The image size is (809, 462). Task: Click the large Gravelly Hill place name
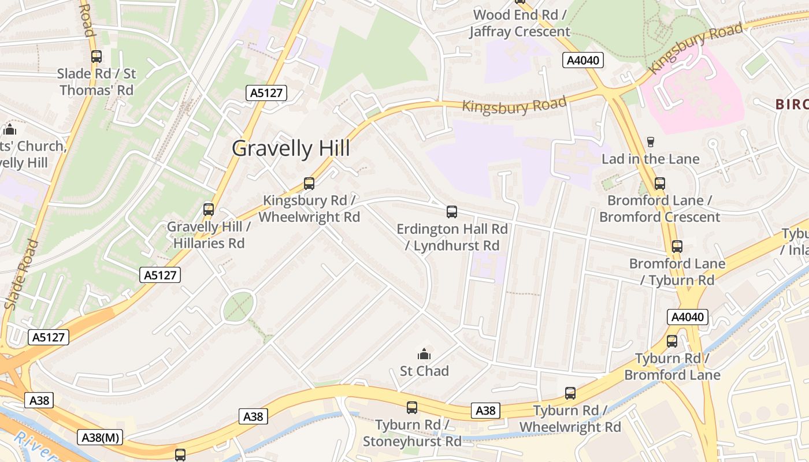tap(291, 148)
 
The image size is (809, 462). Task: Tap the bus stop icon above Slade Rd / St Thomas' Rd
tap(97, 57)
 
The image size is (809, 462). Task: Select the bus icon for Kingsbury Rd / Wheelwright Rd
tap(309, 184)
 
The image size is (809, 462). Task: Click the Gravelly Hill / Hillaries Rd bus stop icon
tap(209, 210)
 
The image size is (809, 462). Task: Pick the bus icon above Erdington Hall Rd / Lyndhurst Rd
tap(452, 212)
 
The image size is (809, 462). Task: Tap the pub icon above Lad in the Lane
tap(650, 142)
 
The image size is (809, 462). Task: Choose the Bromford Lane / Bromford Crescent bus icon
tap(660, 184)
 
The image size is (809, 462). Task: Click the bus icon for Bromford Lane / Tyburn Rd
tap(677, 247)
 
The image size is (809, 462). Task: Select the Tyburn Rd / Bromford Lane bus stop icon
tap(672, 341)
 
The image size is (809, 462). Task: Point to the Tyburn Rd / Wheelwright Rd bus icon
tap(570, 393)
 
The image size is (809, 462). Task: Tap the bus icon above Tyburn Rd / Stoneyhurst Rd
tap(412, 408)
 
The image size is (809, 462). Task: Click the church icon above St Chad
tap(424, 354)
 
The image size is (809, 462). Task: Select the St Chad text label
tap(424, 371)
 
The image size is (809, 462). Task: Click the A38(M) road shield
tap(100, 438)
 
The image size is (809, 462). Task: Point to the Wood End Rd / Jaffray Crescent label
tap(519, 23)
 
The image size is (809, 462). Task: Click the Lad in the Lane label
tap(650, 159)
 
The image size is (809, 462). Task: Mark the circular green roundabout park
tap(239, 306)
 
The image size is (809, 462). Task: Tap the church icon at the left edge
tap(10, 129)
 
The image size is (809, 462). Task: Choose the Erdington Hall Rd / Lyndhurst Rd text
tap(452, 237)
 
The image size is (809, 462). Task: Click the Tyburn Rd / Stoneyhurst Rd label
tap(412, 433)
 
